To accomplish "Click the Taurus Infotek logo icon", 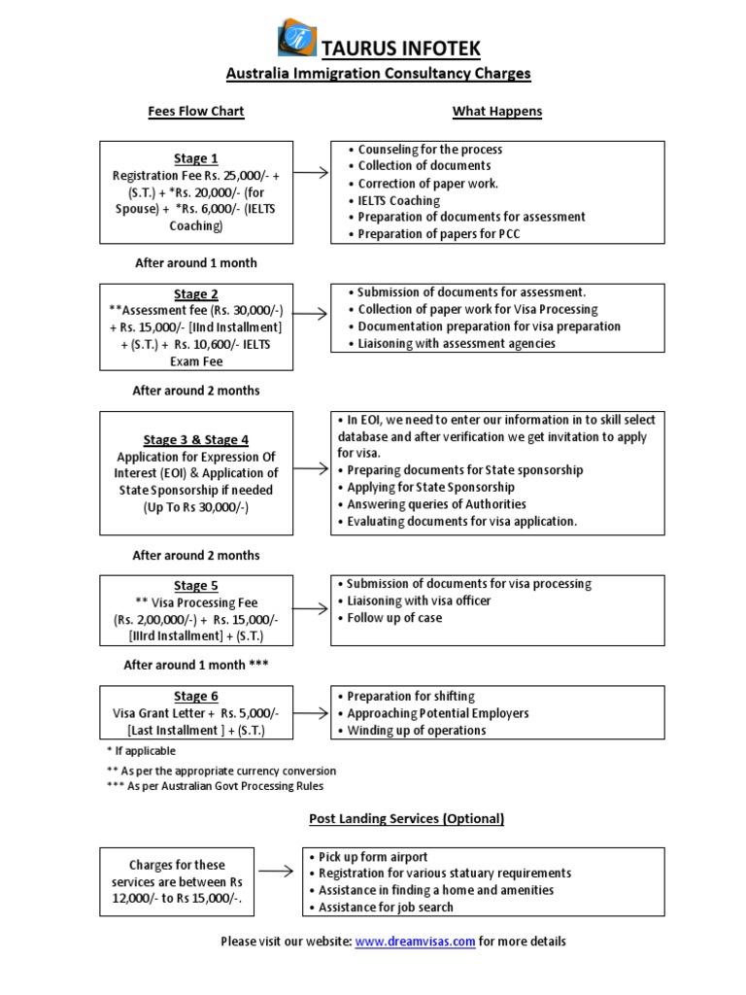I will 296,39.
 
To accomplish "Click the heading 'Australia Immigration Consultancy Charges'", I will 378,74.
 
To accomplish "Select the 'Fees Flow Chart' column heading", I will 195,112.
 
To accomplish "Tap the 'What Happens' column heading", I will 496,112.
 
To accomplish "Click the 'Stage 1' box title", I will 195,158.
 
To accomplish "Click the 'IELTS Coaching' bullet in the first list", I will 398,200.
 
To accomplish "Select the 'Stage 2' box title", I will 195,294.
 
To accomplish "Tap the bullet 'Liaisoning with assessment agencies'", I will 456,343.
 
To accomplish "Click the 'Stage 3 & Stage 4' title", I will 195,440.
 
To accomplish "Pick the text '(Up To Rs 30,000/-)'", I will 195,507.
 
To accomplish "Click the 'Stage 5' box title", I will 195,586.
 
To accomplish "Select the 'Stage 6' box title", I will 195,696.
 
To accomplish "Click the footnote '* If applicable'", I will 142,751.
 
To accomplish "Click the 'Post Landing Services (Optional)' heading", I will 406,819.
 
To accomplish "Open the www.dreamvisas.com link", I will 415,942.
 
